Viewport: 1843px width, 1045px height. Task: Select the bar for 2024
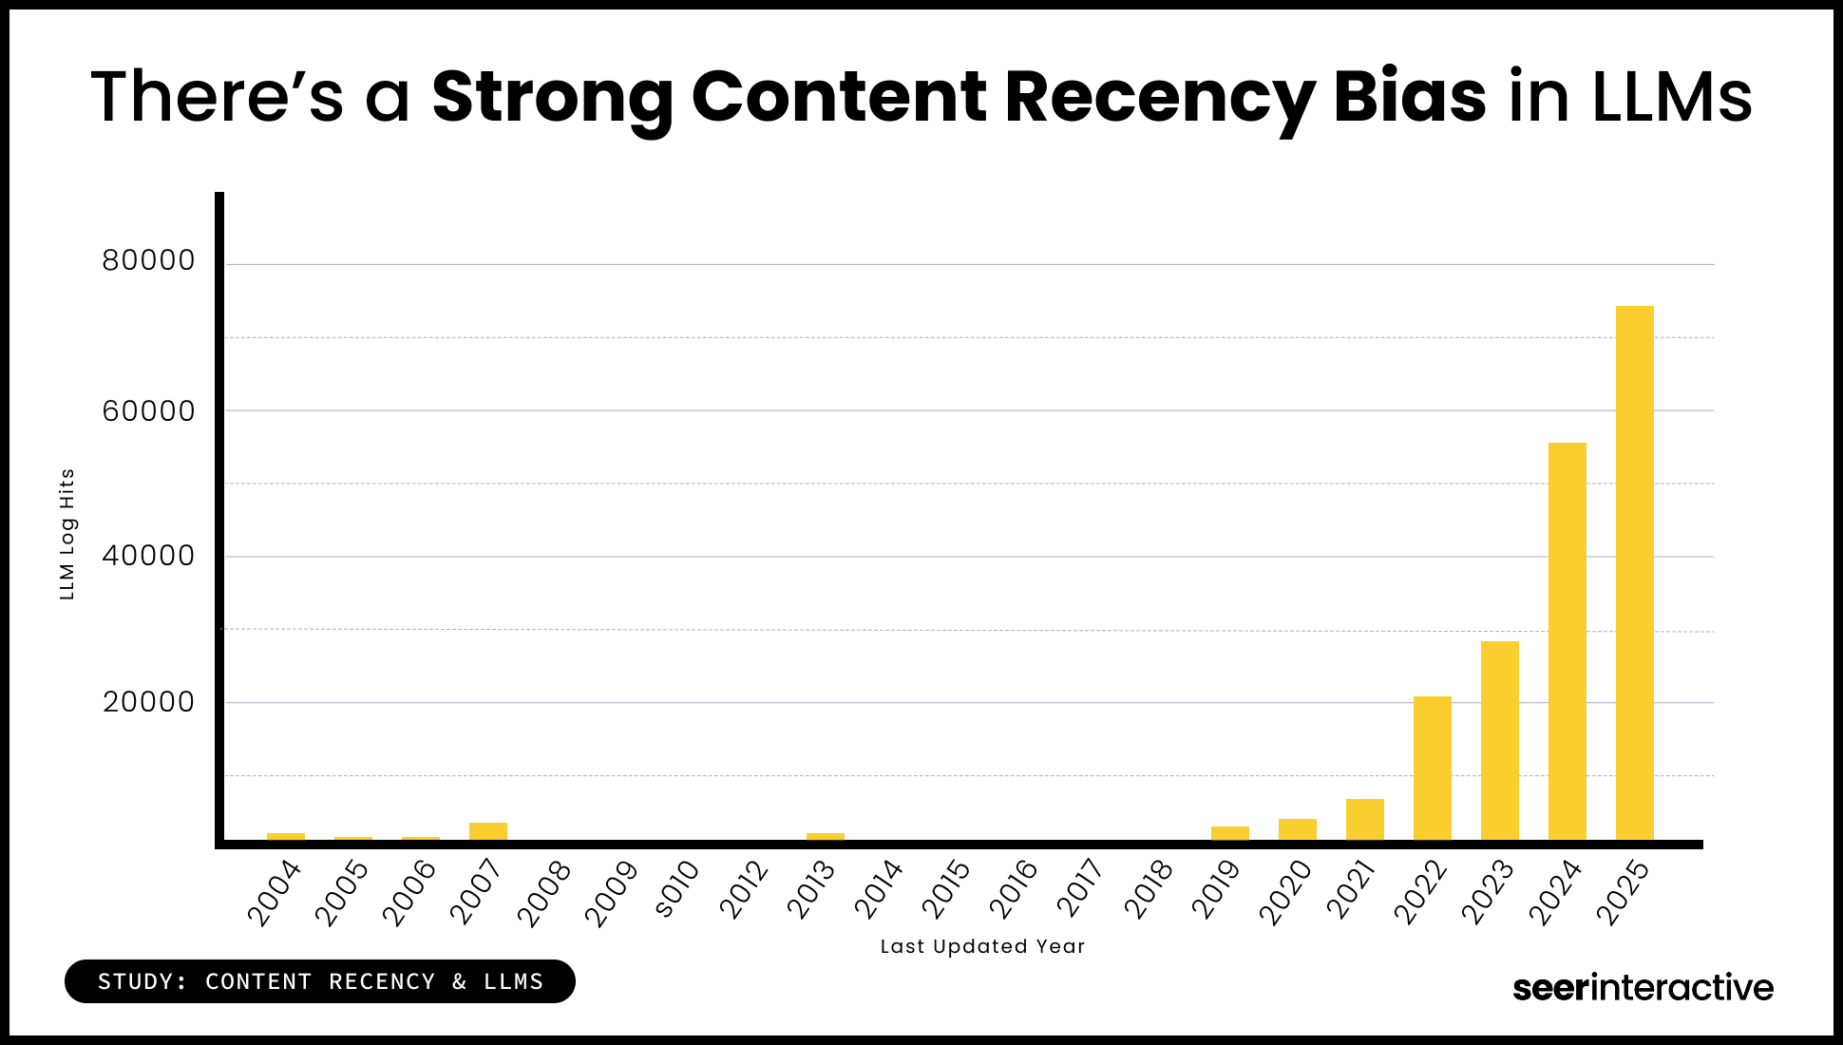click(1567, 641)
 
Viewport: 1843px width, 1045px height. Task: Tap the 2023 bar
click(1499, 740)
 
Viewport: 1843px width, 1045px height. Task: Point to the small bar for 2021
click(1364, 819)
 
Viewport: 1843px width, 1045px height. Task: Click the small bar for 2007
click(487, 831)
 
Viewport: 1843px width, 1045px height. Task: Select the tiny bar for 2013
click(825, 836)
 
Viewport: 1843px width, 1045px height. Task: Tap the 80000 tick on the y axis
click(148, 260)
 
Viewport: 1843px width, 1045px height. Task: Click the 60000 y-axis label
click(148, 411)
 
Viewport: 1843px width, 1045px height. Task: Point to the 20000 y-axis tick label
click(148, 702)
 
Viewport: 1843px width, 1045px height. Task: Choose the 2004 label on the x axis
click(275, 893)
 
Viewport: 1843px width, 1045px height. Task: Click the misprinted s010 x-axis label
click(678, 889)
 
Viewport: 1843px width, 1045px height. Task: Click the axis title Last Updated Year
click(982, 946)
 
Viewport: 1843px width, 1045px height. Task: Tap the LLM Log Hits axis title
click(66, 534)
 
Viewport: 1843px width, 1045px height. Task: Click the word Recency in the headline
click(1159, 97)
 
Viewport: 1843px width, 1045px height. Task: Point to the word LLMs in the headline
click(1671, 97)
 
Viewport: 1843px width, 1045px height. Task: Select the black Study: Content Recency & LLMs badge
click(320, 981)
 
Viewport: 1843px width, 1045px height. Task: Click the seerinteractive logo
click(1643, 988)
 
